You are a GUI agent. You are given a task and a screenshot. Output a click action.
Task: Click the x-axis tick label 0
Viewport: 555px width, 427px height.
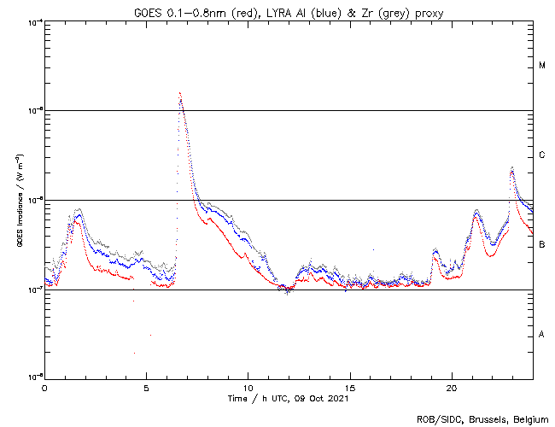click(44, 387)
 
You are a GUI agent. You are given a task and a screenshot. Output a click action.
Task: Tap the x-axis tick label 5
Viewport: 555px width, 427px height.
click(146, 387)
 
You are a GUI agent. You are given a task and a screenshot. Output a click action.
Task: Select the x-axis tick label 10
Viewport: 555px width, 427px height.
click(248, 387)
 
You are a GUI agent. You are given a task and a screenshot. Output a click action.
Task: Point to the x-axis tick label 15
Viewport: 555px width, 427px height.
click(349, 387)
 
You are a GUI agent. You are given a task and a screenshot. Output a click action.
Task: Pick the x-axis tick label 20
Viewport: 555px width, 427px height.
click(451, 387)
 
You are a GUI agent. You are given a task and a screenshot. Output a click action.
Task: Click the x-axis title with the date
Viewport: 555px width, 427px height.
click(288, 398)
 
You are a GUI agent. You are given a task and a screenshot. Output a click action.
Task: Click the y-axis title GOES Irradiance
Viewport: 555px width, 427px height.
click(19, 201)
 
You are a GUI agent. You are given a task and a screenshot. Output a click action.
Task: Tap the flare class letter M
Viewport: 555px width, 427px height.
click(541, 66)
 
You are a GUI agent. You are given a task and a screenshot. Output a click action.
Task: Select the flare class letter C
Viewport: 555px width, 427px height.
click(541, 155)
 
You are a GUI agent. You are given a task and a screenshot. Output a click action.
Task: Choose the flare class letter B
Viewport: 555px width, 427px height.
click(541, 245)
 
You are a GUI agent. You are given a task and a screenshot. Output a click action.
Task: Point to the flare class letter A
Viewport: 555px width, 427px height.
click(541, 335)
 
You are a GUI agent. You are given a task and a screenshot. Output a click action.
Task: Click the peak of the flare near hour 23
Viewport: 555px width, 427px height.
click(511, 168)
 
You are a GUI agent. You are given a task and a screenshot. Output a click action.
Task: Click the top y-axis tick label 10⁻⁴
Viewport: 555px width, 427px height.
click(34, 22)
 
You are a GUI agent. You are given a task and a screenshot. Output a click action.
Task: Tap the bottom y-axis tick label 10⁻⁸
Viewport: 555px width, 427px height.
click(34, 377)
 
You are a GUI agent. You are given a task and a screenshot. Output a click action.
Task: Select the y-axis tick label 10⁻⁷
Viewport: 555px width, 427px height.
click(34, 289)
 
